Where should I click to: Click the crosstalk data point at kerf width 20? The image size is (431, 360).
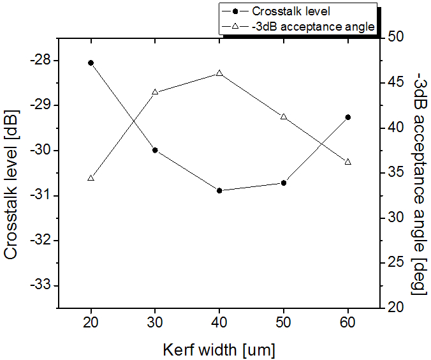click(91, 63)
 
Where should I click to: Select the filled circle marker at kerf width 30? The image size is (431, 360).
click(155, 150)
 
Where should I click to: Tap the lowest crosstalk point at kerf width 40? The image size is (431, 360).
click(219, 190)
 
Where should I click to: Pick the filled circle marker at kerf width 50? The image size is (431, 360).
click(284, 183)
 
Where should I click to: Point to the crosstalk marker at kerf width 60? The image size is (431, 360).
click(348, 117)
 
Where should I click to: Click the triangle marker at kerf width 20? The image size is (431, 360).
click(91, 177)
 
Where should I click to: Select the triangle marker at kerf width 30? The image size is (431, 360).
click(155, 92)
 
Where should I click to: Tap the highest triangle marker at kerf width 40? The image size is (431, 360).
click(219, 73)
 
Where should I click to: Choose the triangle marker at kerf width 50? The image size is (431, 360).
click(284, 116)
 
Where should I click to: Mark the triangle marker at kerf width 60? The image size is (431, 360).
click(348, 161)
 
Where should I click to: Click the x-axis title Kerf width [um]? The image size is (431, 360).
click(219, 349)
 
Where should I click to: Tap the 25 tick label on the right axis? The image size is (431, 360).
click(395, 262)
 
